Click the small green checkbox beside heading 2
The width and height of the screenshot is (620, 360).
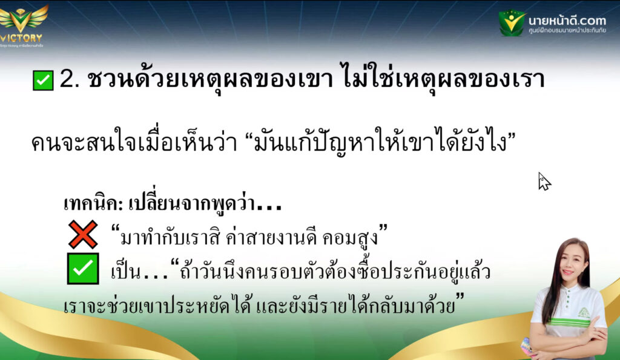43,80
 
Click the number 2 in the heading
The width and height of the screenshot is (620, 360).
67,79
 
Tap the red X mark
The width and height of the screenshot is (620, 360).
83,234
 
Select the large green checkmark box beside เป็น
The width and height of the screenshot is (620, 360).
83,269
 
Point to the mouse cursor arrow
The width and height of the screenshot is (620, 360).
544,181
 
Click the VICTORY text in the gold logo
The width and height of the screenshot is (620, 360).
21,38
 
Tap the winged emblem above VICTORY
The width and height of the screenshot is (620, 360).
23,18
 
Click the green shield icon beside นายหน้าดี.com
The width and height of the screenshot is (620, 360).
512,23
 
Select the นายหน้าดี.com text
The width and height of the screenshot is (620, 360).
567,20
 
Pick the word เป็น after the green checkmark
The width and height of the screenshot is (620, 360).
125,272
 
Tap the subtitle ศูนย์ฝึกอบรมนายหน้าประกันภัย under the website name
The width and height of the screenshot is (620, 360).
567,30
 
